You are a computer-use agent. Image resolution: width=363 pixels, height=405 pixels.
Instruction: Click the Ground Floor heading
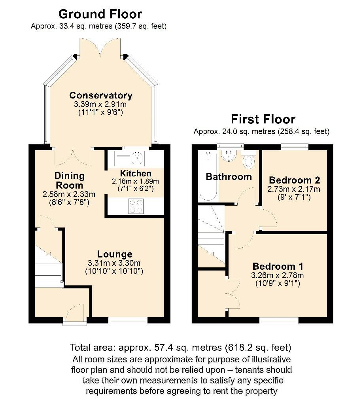tap(100, 14)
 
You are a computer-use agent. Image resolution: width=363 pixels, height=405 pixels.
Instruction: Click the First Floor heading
tap(263, 119)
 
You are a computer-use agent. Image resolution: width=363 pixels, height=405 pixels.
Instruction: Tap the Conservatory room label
tap(101, 95)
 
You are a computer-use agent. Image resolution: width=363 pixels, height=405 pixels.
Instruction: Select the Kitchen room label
tap(136, 174)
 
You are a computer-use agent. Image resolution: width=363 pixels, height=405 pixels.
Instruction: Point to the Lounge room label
tap(115, 254)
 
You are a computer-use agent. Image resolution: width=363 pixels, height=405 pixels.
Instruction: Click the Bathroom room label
tap(229, 177)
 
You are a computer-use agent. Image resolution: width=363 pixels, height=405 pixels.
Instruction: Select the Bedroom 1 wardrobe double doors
tap(233, 293)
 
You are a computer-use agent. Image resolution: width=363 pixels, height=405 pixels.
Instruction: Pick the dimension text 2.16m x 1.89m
tap(136, 181)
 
